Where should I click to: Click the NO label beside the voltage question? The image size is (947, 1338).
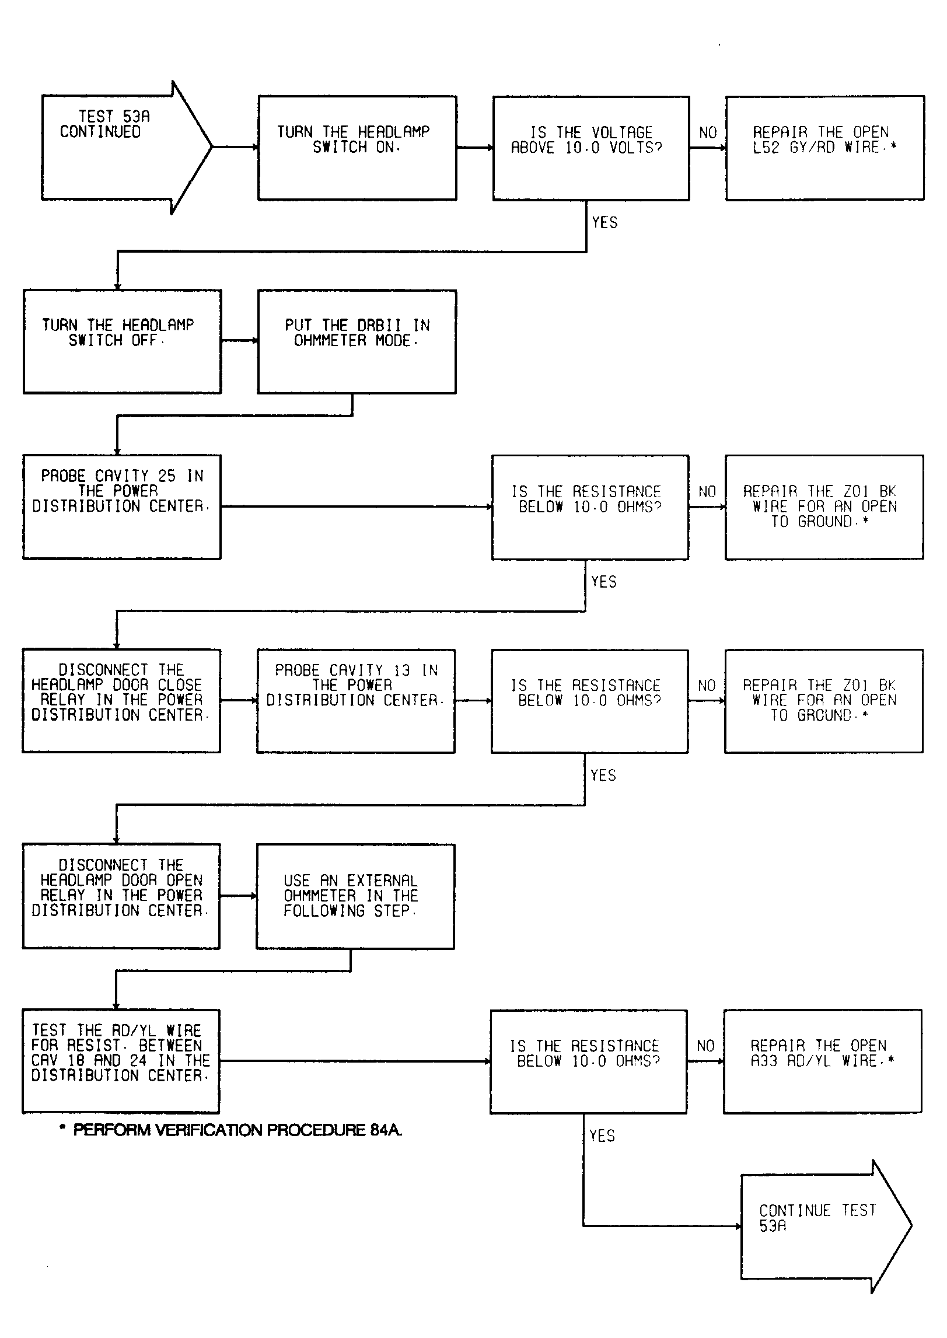coord(708,133)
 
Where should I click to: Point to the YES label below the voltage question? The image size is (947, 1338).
coord(604,222)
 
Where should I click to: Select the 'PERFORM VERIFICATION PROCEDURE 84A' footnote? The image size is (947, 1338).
coord(231,1130)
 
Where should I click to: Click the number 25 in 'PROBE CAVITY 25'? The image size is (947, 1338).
coord(167,476)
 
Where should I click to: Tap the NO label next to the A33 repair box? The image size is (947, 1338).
coord(706,1046)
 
